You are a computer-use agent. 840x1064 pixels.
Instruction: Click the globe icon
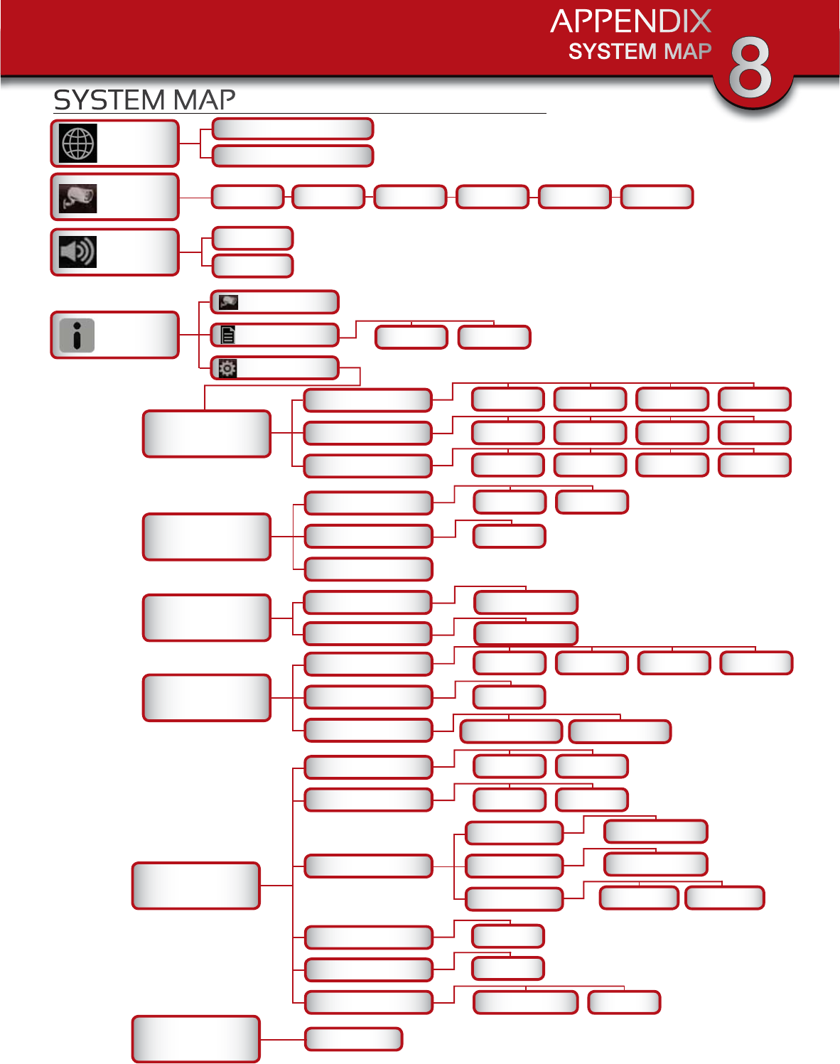[77, 144]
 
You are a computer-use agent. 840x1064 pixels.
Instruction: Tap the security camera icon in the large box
[77, 198]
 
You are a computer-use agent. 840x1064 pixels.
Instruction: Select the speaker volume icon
[77, 252]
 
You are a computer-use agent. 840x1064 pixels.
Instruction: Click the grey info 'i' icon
[77, 335]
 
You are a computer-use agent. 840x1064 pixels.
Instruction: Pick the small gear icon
[227, 368]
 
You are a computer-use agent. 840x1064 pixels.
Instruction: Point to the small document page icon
[227, 335]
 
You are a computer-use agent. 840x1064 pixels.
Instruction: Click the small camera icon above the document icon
[228, 302]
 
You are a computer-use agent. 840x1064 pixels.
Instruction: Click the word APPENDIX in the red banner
[630, 21]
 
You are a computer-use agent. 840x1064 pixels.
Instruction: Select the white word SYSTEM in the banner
[612, 52]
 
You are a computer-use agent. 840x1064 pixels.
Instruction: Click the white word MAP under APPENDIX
[687, 52]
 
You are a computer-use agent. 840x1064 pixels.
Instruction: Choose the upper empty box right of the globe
[292, 129]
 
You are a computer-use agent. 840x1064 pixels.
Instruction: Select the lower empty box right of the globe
[292, 156]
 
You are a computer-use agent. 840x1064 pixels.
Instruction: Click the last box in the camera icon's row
[657, 197]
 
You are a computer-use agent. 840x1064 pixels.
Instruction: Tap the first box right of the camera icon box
[247, 197]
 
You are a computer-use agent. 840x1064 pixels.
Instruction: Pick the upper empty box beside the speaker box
[252, 238]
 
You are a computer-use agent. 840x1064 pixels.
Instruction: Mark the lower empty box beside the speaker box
[252, 265]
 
